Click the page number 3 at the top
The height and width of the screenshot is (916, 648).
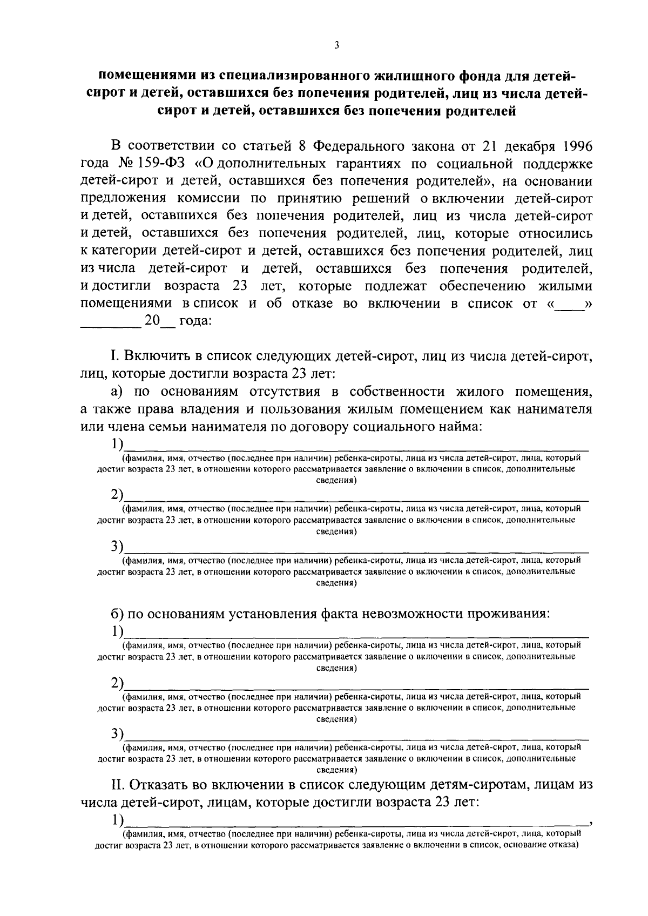click(x=336, y=46)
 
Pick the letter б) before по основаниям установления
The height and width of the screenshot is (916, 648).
click(x=118, y=614)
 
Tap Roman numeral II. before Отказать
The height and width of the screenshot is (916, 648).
click(x=118, y=784)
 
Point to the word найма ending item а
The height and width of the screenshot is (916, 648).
click(x=461, y=426)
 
